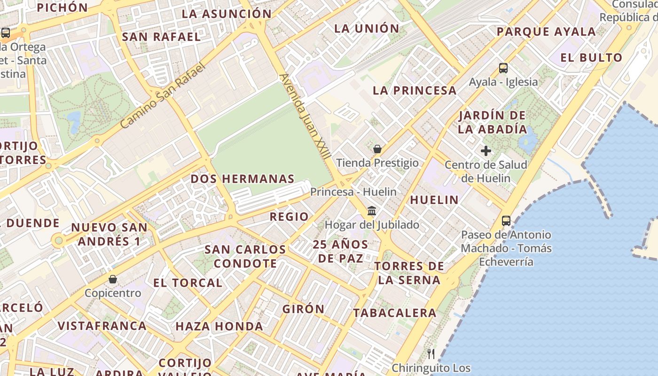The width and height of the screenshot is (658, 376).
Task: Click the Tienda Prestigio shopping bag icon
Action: [x=377, y=149]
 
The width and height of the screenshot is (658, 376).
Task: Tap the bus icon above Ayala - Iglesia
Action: [x=503, y=68]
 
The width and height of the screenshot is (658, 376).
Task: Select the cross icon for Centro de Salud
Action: [x=486, y=151]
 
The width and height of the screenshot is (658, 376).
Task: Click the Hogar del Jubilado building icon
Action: [x=372, y=211]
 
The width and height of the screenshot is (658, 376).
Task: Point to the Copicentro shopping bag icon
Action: [x=113, y=280]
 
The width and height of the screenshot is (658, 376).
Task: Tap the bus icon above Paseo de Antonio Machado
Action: [x=506, y=220]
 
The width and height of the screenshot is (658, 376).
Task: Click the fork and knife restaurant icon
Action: [x=431, y=353]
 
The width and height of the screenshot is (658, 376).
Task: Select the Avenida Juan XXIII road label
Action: [x=305, y=117]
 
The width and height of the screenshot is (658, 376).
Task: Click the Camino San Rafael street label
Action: [x=163, y=95]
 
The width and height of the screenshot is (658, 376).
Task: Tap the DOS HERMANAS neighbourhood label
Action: [x=243, y=179]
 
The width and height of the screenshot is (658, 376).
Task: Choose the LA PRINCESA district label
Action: [x=415, y=91]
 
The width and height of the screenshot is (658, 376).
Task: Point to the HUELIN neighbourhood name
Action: [x=434, y=200]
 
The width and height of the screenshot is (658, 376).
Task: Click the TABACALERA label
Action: [x=395, y=313]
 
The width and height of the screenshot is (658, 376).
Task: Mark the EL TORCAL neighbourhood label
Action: [x=188, y=283]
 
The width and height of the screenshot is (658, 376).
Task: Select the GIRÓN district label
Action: [x=303, y=309]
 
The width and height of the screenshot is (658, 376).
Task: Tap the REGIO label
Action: [x=289, y=217]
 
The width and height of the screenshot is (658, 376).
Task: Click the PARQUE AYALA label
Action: [x=546, y=32]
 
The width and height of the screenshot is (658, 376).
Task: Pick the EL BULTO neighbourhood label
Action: [x=591, y=58]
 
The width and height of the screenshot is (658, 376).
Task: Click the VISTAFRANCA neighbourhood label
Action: [x=102, y=326]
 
